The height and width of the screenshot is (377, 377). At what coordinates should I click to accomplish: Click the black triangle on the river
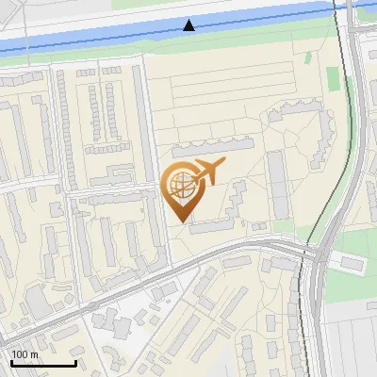189,25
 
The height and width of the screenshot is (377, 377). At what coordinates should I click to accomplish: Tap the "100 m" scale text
25,354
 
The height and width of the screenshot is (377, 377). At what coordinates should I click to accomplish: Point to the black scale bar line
42,363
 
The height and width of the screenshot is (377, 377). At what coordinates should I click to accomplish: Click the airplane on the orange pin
207,172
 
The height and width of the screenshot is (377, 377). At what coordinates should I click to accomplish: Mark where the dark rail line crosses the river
336,10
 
